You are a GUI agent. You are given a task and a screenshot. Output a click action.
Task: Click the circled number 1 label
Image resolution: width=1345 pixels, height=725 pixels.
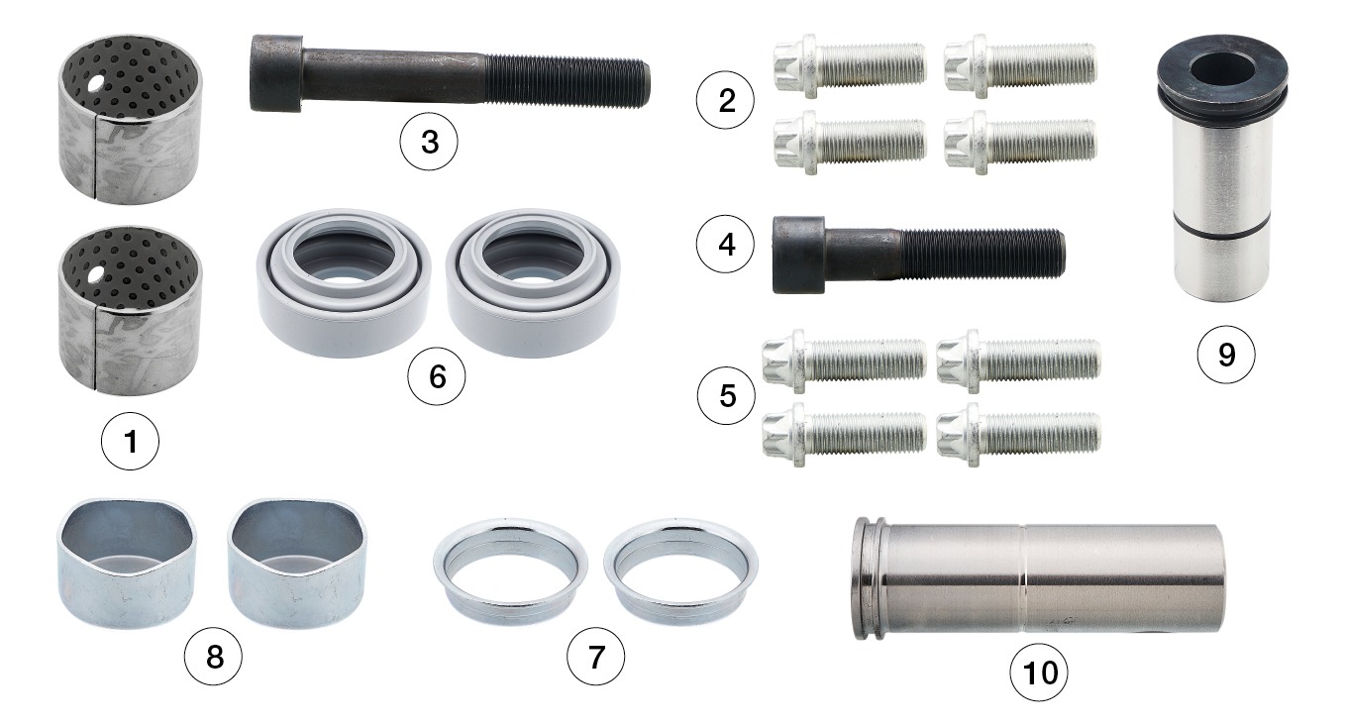click(131, 442)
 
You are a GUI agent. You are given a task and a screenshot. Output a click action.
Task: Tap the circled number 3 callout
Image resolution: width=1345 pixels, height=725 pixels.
click(429, 143)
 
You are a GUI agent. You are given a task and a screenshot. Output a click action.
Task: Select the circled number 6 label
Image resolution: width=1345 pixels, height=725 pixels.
click(437, 376)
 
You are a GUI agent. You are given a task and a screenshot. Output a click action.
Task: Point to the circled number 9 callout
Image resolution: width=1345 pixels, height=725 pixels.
click(1226, 355)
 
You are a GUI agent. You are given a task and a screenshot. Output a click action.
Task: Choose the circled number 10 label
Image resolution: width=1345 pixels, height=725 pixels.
click(1039, 673)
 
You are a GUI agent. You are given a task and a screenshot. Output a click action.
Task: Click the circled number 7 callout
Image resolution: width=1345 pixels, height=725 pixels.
click(595, 657)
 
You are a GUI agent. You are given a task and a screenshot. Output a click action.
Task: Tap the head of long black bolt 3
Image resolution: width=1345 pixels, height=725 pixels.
click(276, 72)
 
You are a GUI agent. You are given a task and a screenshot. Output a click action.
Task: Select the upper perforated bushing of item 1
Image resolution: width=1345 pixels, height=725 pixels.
click(131, 120)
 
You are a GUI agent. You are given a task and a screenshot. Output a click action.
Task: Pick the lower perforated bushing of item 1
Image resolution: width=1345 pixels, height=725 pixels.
click(131, 311)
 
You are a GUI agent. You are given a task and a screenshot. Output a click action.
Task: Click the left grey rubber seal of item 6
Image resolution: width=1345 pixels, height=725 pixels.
click(344, 283)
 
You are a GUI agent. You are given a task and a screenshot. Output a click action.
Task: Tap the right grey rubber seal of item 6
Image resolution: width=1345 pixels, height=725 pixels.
click(533, 283)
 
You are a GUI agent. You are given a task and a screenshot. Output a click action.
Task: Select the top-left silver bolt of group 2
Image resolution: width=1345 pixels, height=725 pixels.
click(850, 66)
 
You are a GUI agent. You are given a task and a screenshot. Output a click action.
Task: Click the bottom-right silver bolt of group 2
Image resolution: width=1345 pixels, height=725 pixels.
click(1020, 143)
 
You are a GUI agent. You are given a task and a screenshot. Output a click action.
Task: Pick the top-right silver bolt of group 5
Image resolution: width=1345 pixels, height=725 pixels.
click(1018, 361)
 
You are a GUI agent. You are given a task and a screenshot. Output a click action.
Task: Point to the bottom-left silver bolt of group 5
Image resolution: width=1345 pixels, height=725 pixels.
click(844, 434)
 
